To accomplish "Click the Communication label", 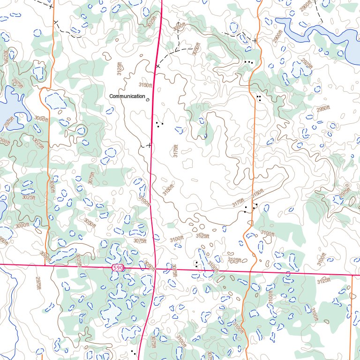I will point(127,96).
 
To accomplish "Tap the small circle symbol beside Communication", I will point(148,99).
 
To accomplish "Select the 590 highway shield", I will point(118,268).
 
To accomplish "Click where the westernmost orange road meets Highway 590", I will point(45,265).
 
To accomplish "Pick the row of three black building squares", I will point(248,62).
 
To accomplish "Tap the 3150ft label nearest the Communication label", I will point(145,85).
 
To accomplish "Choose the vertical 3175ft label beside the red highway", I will point(175,151).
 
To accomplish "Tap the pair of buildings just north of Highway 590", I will point(196,264).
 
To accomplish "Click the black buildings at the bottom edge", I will point(134,351).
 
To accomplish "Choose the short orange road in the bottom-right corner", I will point(352,319).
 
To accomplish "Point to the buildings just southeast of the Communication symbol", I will point(159,124).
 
